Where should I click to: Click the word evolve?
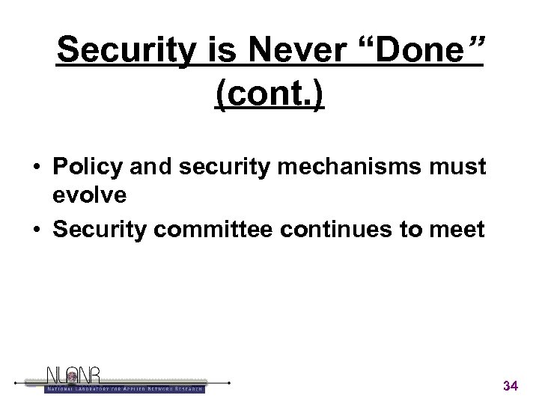click(89, 196)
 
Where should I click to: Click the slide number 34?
click(511, 386)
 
